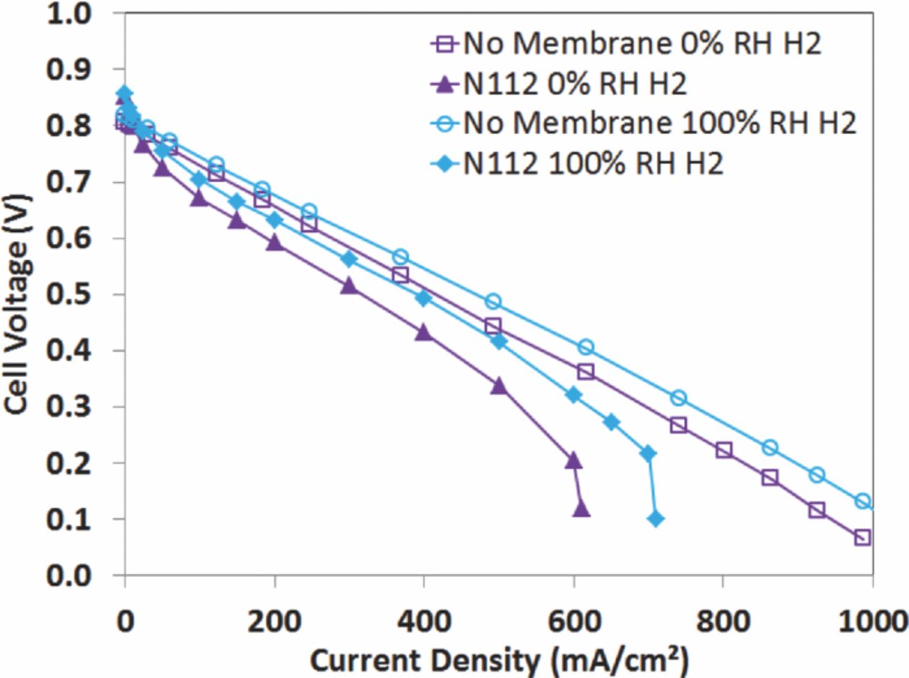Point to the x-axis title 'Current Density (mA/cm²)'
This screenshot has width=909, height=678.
coord(499,660)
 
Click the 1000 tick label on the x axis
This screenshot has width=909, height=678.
coord(872,621)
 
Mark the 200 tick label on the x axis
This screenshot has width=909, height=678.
coord(274,621)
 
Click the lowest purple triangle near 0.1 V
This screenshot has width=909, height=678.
coord(581,509)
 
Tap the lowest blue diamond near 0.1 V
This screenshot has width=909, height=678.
coord(655,519)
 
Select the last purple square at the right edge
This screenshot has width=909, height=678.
coord(862,537)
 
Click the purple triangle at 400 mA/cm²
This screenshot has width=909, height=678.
coord(424,332)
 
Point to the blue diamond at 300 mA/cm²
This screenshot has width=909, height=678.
coord(349,259)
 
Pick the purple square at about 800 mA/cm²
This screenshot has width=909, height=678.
coord(724,450)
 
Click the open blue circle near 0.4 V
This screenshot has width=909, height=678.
coord(586,347)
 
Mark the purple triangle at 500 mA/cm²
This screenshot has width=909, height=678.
coord(499,386)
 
